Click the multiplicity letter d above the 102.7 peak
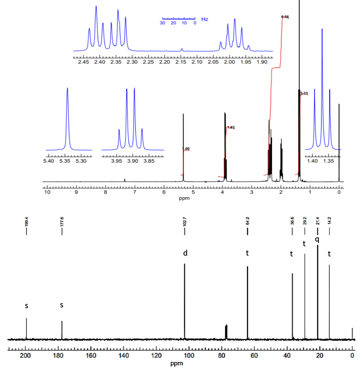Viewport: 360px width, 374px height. tap(185, 253)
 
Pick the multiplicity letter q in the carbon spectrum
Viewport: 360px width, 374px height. tap(317, 239)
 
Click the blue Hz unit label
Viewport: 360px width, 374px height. tap(204, 19)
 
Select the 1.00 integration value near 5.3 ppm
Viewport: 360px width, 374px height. tap(186, 149)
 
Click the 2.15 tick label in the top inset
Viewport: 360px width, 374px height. tap(181, 62)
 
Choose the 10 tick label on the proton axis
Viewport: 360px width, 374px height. tap(47, 192)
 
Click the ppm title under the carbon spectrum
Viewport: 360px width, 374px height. tap(176, 363)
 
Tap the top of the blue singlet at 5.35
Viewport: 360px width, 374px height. tap(67, 88)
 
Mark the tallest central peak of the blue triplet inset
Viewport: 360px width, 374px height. tap(322, 29)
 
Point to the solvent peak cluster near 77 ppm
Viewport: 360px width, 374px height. tap(226, 331)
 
